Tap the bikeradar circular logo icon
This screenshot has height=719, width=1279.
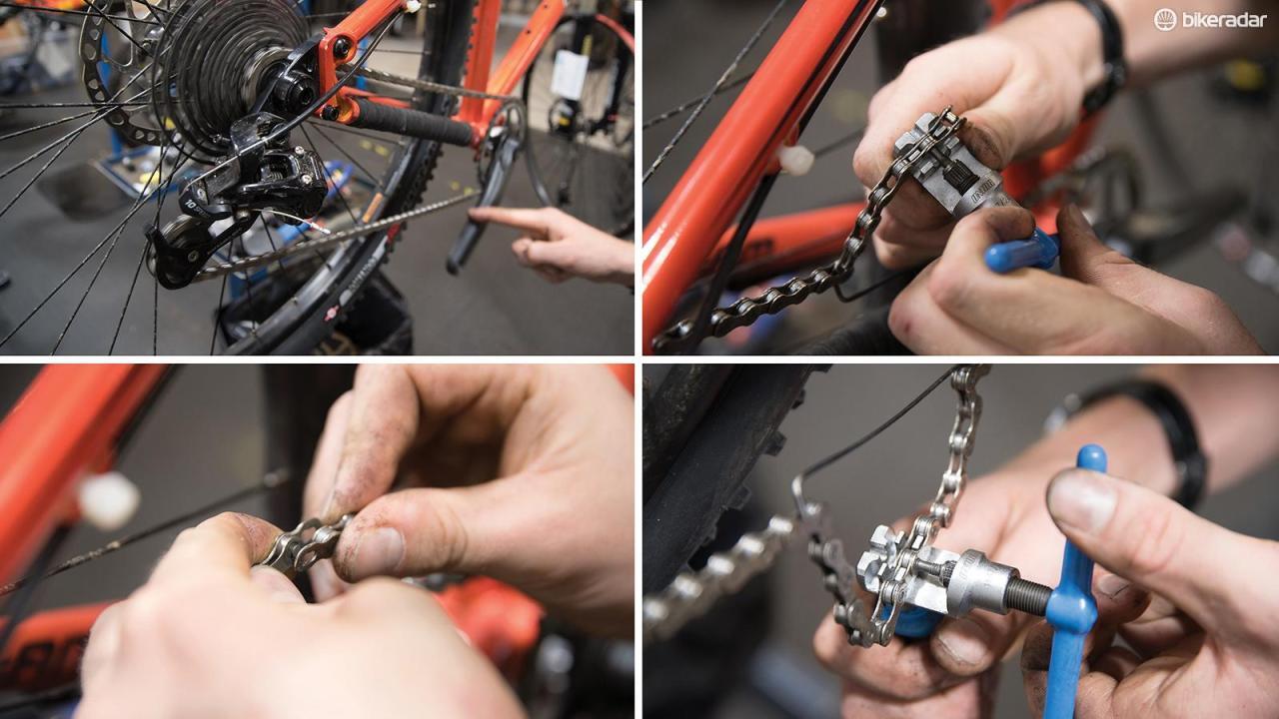1165,19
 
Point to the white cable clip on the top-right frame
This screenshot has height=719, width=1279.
796,159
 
